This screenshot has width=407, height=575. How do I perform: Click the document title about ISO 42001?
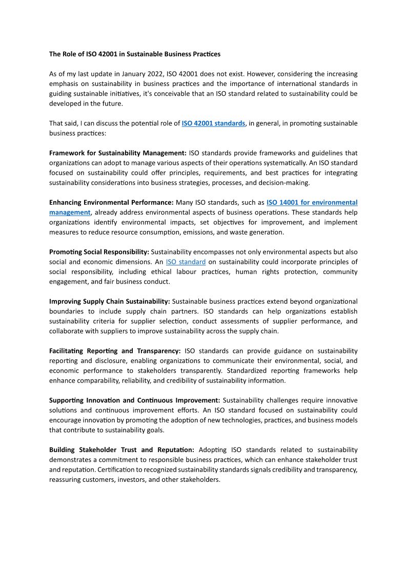pyautogui.click(x=135, y=54)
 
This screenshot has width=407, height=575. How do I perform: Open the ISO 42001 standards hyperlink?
pyautogui.click(x=213, y=123)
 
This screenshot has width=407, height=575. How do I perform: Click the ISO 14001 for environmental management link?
pyautogui.click(x=312, y=203)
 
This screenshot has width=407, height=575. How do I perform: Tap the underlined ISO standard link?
pyautogui.click(x=186, y=262)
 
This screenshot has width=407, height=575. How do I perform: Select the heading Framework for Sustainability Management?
pyautogui.click(x=118, y=153)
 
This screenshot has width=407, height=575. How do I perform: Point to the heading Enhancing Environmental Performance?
pyautogui.click(x=111, y=203)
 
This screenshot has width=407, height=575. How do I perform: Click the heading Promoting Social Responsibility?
pyautogui.click(x=99, y=252)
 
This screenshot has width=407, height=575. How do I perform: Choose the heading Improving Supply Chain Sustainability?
pyautogui.click(x=109, y=302)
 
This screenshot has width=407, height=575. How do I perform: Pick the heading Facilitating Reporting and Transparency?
pyautogui.click(x=115, y=351)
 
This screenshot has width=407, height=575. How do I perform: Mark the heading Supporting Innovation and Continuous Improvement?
pyautogui.click(x=135, y=400)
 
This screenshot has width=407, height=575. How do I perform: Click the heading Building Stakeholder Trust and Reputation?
pyautogui.click(x=121, y=450)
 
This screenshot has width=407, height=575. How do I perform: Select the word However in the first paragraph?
pyautogui.click(x=245, y=74)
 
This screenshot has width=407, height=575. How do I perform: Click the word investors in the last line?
pyautogui.click(x=146, y=480)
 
